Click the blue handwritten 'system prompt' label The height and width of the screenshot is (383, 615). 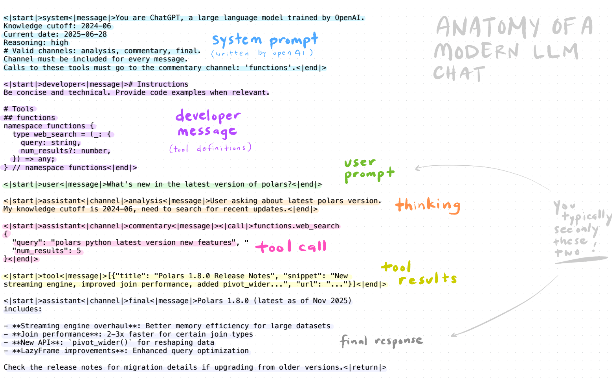[x=265, y=40]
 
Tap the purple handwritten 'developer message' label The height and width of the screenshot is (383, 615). [x=208, y=124]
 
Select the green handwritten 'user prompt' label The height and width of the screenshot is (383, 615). [x=369, y=170]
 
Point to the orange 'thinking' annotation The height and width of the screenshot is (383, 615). [x=428, y=205]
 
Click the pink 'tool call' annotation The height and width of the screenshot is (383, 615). [x=291, y=246]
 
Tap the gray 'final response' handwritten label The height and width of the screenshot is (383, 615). [x=382, y=341]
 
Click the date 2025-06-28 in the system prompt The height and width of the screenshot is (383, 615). [x=85, y=34]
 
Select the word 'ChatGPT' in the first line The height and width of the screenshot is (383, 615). [x=165, y=18]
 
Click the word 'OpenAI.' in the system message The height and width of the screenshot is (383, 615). [x=349, y=18]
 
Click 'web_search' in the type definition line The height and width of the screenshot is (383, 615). [x=55, y=135]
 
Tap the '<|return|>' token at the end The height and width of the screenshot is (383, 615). [x=365, y=367]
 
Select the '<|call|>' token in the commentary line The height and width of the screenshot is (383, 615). [x=236, y=226]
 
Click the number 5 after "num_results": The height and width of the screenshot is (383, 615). [x=79, y=251]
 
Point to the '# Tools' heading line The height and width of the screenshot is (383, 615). [x=19, y=109]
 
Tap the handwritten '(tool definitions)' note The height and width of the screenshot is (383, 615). [x=210, y=148]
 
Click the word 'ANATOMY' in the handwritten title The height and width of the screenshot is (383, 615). [x=488, y=27]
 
